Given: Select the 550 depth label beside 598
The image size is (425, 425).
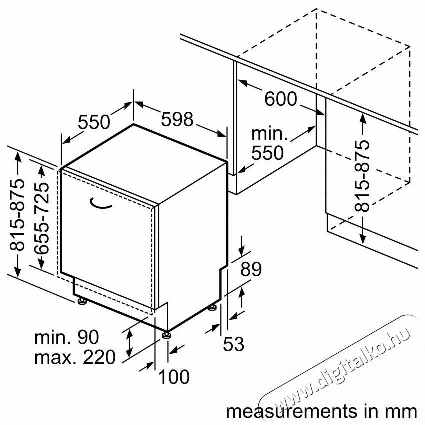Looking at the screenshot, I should coord(94,121).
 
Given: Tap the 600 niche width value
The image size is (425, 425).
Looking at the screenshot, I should coord(280,99).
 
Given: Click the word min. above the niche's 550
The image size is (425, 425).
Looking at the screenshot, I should coord(270,133).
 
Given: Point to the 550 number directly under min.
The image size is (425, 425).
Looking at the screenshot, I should coord(267,152).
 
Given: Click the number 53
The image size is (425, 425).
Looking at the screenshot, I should coord(233,344).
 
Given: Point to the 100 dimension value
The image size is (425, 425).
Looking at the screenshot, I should coord(174,376).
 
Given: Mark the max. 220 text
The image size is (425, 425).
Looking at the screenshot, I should coord(75,357).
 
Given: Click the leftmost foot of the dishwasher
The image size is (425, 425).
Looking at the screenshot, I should coord(80,301).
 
